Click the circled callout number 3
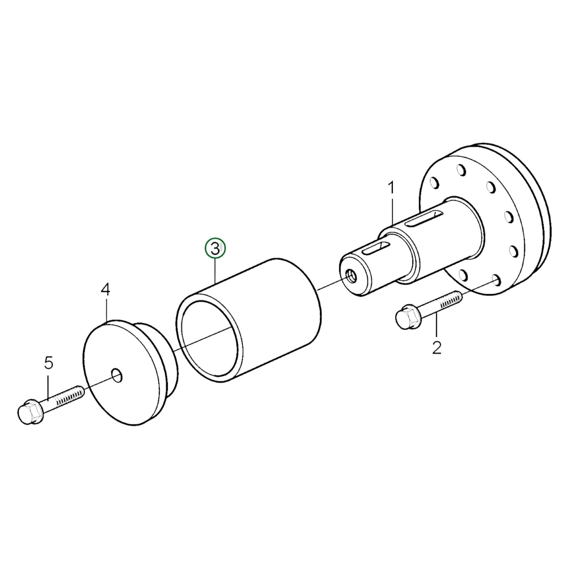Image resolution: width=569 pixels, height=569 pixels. (215, 248)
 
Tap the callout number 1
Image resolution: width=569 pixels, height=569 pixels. (391, 188)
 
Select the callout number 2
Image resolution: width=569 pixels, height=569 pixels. (437, 348)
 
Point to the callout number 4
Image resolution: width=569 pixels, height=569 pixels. (105, 290)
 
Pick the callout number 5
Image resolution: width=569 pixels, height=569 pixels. (48, 363)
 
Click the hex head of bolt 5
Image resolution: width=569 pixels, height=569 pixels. (30, 412)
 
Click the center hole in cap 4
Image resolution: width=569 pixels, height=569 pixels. (117, 376)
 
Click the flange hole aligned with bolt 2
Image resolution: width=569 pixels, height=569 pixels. (496, 280)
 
